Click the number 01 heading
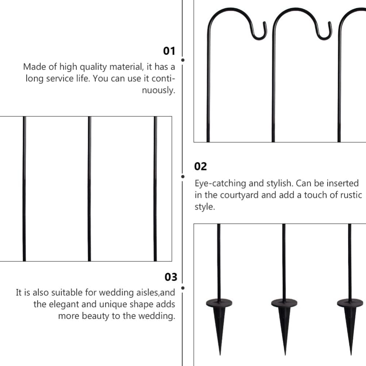pyautogui.click(x=169, y=51)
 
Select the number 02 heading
pyautogui.click(x=200, y=167)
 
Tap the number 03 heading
pyautogui.click(x=170, y=277)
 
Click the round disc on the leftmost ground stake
pyautogui.click(x=219, y=303)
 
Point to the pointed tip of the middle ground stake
pyautogui.click(x=285, y=353)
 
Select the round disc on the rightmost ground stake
pyautogui.click(x=350, y=303)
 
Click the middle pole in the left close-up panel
pyautogui.click(x=89, y=189)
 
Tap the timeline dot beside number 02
pyautogui.click(x=183, y=176)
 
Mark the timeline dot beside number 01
pyautogui.click(x=183, y=59)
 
